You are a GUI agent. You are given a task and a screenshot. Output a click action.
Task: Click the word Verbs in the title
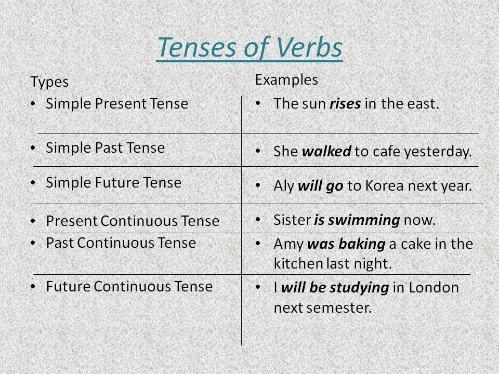309,47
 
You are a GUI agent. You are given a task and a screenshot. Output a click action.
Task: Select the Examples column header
286,80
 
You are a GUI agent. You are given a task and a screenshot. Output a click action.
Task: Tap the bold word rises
345,104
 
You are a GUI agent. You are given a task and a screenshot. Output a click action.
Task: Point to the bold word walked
326,151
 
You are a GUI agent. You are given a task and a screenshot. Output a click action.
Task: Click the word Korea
385,186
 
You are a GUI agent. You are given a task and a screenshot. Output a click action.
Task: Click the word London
434,287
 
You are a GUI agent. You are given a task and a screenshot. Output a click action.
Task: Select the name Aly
284,186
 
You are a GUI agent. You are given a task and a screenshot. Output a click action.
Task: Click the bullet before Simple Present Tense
33,104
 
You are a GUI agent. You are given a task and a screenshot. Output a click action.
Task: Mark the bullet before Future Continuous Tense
33,286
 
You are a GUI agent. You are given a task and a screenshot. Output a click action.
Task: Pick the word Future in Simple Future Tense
117,182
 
